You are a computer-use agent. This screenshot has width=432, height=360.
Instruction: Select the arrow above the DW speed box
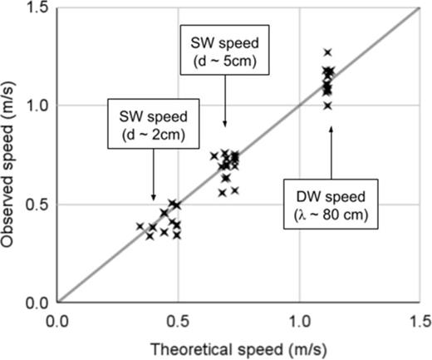[331, 150]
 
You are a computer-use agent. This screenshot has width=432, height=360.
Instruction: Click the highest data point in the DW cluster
[327, 52]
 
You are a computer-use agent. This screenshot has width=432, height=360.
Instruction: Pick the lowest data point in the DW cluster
[327, 106]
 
